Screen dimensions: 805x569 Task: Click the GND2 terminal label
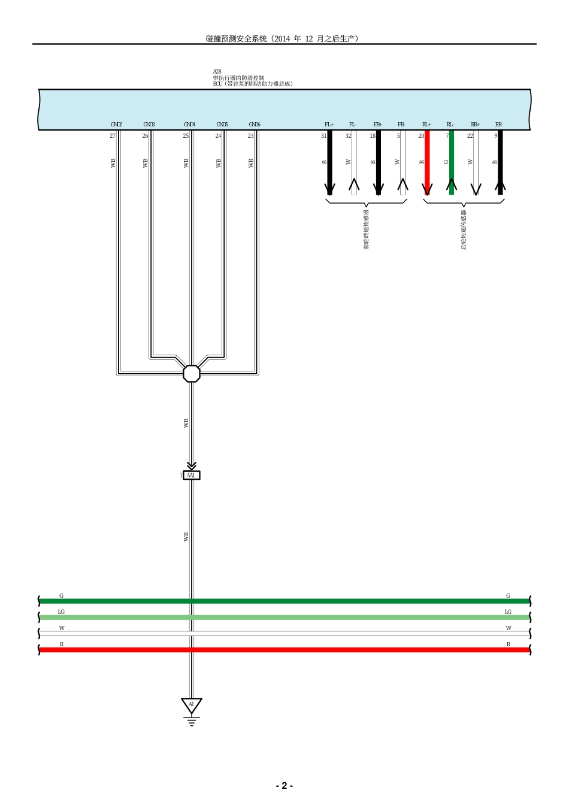coord(116,125)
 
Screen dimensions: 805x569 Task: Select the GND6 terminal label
coord(255,125)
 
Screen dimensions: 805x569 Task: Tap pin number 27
coord(113,136)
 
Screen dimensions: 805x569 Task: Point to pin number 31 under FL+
coord(323,136)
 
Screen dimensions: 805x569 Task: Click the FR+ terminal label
coord(378,125)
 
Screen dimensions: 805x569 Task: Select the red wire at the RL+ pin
coord(427,162)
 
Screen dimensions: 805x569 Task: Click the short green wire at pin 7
coord(452,162)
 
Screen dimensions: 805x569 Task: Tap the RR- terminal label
coord(499,125)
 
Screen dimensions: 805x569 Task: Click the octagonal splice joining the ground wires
coord(191,373)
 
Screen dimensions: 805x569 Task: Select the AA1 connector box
coord(191,476)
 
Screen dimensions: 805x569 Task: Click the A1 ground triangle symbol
coord(191,705)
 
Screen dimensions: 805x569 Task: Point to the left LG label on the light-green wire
coord(61,612)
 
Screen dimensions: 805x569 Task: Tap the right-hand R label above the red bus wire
coord(509,644)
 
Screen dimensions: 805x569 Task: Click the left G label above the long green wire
coord(61,595)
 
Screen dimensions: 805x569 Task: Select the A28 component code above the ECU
coord(217,71)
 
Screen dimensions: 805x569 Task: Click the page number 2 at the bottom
coord(284,786)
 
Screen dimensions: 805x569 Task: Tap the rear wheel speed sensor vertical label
coord(464,229)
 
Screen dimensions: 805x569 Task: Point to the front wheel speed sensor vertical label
coord(367,229)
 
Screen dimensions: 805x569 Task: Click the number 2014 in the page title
coord(282,38)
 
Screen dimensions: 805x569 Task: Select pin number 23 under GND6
coord(250,136)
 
